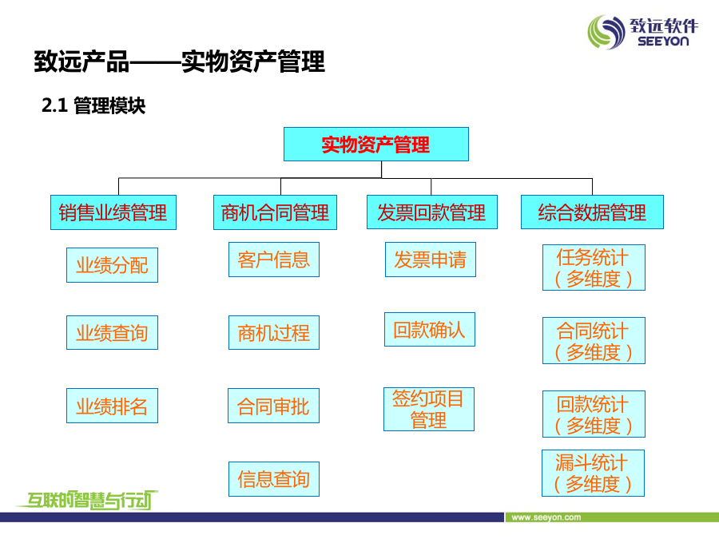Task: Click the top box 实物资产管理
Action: [x=376, y=145]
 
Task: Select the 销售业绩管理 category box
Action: [x=113, y=212]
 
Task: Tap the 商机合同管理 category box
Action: [x=275, y=212]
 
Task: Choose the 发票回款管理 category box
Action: [x=432, y=212]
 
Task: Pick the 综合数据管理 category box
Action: [x=592, y=212]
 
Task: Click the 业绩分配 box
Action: [x=113, y=265]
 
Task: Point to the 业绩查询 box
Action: [x=113, y=333]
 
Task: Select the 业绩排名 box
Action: [x=113, y=406]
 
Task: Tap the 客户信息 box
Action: [x=274, y=260]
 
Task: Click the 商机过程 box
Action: [x=274, y=333]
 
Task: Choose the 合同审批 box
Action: [x=273, y=406]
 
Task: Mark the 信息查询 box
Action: [x=274, y=479]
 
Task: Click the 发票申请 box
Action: [x=431, y=260]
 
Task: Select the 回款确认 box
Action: [x=430, y=330]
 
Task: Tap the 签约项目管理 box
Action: [x=429, y=410]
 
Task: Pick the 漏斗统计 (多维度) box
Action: [x=593, y=473]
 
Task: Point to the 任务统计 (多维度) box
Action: [x=594, y=268]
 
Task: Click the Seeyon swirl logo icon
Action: [x=606, y=32]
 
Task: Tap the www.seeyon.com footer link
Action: [x=546, y=517]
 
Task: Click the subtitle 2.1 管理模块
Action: [x=93, y=105]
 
